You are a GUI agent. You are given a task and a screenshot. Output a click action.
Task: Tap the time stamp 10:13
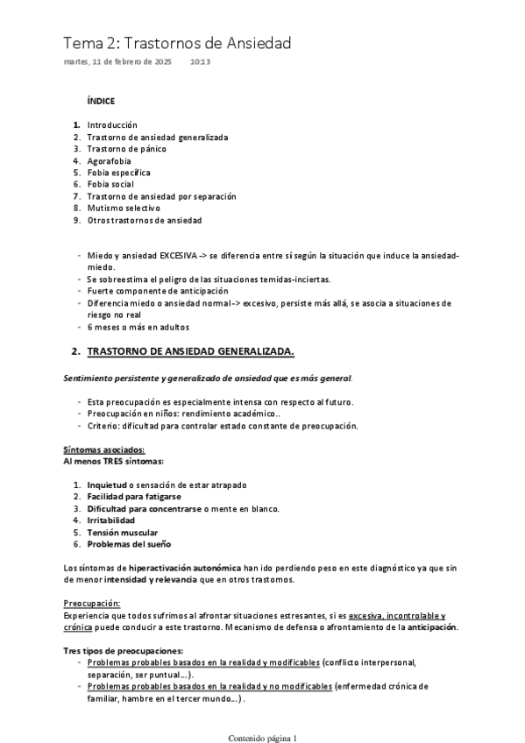tap(200, 61)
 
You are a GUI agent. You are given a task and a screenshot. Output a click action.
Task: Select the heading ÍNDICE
tap(101, 102)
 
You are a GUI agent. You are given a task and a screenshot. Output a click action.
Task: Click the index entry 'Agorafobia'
tap(109, 161)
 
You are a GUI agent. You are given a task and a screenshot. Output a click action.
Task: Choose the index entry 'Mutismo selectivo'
tap(124, 209)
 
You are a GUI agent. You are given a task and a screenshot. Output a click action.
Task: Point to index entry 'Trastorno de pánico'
tap(126, 149)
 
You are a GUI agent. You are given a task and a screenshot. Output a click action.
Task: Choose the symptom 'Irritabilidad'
tap(110, 520)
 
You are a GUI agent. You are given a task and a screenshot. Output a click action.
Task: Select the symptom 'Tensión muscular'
tap(122, 532)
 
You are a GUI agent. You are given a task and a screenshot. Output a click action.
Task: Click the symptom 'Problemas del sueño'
tap(128, 543)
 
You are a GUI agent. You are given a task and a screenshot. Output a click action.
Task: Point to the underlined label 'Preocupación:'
tap(91, 604)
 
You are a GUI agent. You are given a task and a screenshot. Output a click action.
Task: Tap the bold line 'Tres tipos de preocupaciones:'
tap(123, 651)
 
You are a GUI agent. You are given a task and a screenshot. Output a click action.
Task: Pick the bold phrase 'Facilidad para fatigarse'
tap(134, 497)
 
